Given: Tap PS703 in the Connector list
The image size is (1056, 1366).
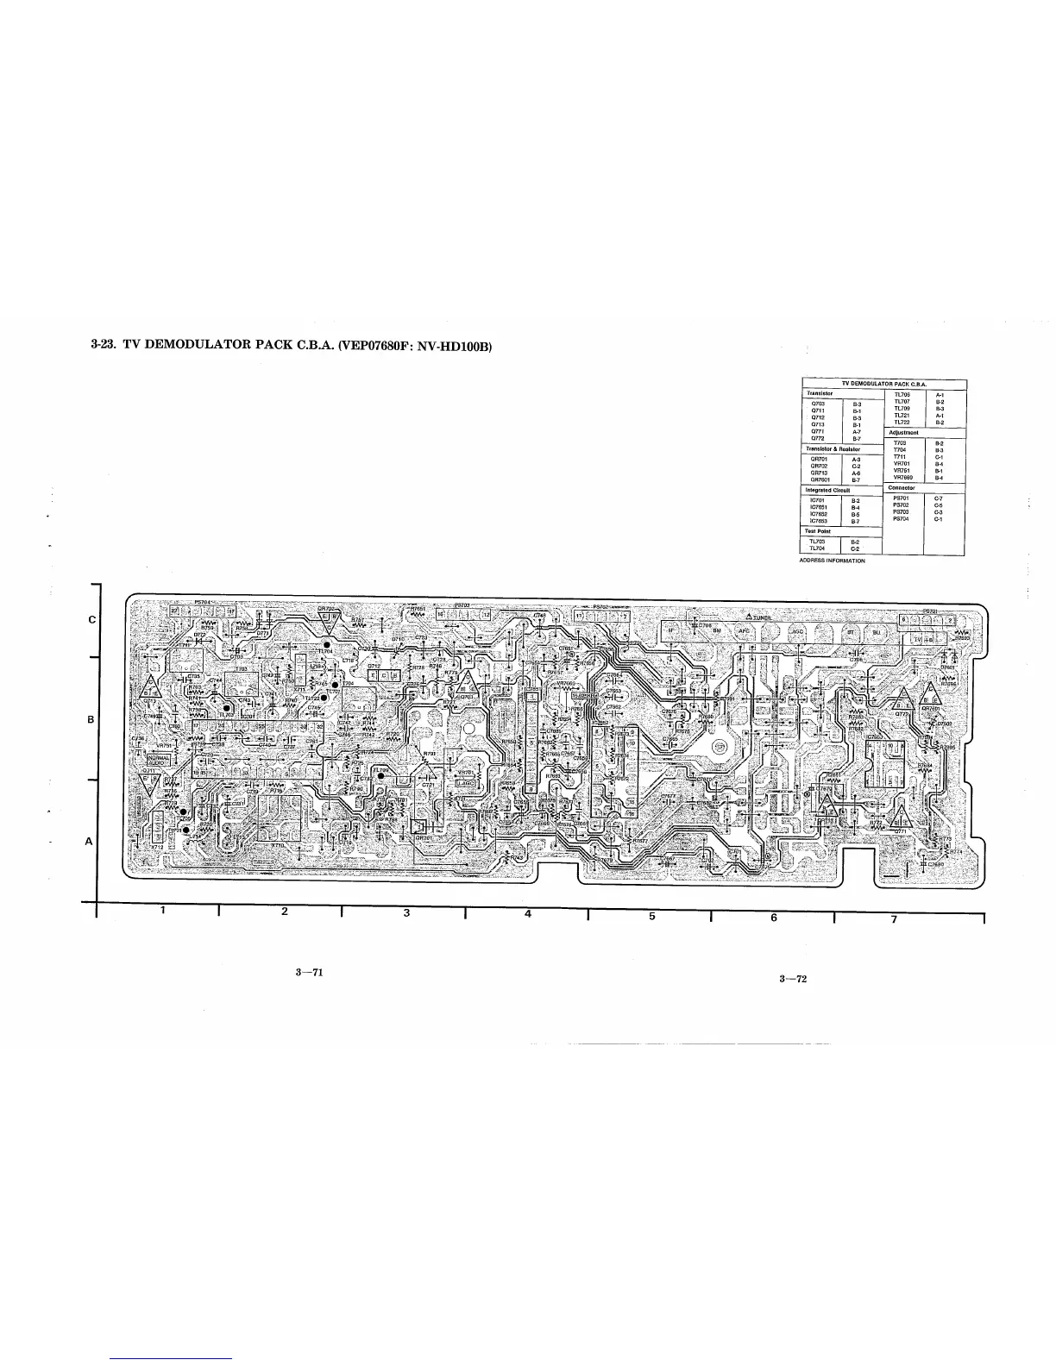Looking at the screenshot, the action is (901, 512).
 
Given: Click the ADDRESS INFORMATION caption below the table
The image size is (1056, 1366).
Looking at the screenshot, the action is (833, 561).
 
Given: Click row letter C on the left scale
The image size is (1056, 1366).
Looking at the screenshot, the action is (91, 620).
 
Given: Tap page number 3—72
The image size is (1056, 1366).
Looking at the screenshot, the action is (792, 979).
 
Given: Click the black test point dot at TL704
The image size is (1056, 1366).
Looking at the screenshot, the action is (328, 643).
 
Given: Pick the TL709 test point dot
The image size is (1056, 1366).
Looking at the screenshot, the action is (380, 776).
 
